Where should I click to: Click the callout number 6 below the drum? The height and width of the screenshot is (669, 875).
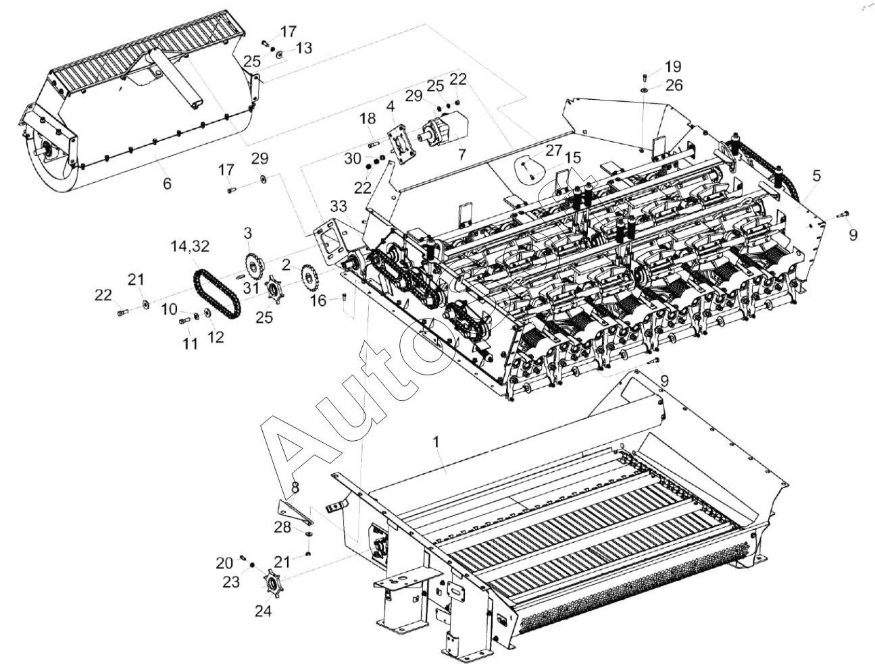167,183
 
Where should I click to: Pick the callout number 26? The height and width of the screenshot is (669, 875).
674,85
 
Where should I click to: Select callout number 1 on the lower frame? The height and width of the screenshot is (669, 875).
436,441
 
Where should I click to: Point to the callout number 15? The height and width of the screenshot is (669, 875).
573,157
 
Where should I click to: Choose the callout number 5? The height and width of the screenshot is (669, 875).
817,176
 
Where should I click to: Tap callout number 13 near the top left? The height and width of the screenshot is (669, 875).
304,48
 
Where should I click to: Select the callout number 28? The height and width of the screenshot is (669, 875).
282,527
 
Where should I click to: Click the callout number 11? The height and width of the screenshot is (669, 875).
190,344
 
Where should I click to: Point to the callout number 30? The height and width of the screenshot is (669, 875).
352,159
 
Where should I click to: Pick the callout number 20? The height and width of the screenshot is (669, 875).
224,562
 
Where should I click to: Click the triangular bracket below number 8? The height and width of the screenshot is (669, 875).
295,510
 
